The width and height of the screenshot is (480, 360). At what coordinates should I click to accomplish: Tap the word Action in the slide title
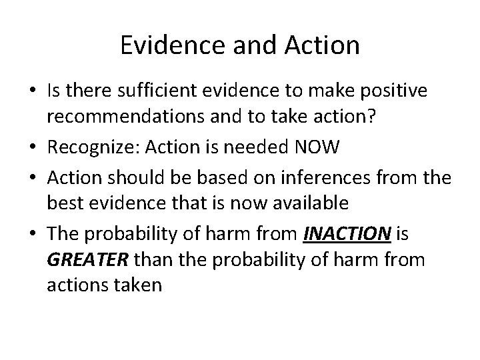pyautogui.click(x=323, y=45)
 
